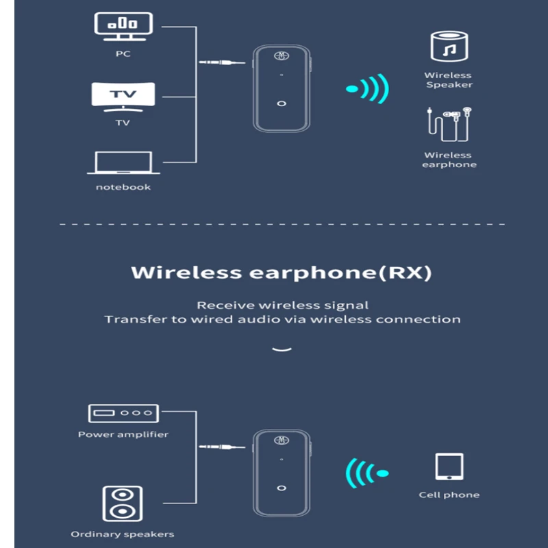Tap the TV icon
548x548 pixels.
[123, 96]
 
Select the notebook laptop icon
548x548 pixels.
[124, 163]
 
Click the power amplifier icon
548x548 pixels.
[123, 413]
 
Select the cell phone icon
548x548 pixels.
[449, 467]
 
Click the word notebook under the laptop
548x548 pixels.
[123, 187]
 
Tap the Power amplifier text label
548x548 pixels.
[123, 434]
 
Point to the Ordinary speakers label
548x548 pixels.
[123, 534]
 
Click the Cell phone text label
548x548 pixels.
[449, 495]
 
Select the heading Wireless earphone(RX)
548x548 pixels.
[282, 273]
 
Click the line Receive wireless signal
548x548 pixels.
[282, 305]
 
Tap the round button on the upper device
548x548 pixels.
[282, 103]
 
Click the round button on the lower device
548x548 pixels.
[282, 487]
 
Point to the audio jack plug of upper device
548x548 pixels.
[222, 62]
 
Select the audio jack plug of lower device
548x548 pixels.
[222, 447]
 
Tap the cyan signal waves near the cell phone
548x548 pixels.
[366, 473]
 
